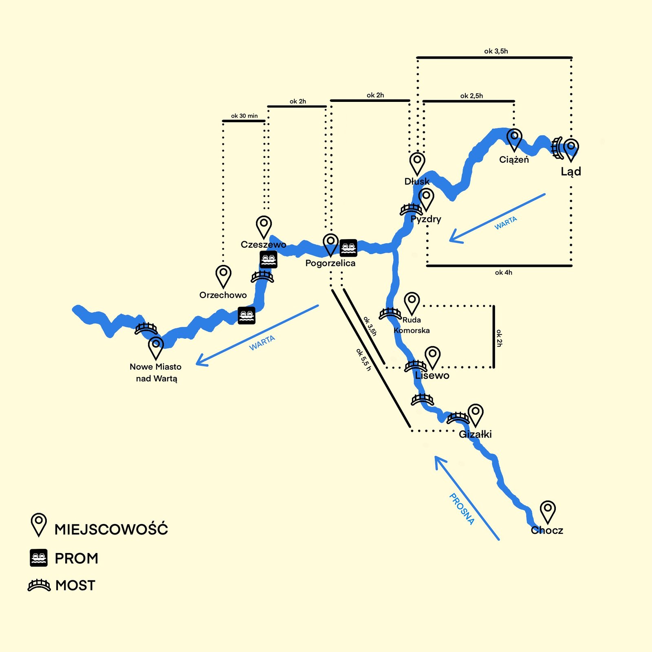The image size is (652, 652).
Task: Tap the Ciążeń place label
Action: [x=514, y=160]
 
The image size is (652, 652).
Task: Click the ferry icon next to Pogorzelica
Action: [x=348, y=248]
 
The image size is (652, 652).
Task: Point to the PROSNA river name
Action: [x=462, y=509]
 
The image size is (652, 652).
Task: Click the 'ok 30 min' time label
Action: [x=244, y=116]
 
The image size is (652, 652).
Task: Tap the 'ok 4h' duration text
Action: [x=504, y=273]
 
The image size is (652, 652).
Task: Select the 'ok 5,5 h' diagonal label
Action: [x=363, y=359]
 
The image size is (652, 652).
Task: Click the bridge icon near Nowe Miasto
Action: [x=146, y=328]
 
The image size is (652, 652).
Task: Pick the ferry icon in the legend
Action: [x=39, y=558]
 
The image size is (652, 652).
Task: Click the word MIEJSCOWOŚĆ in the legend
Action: [x=111, y=529]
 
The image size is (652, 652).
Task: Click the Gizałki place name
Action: [x=475, y=434]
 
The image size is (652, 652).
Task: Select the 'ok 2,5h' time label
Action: [x=471, y=96]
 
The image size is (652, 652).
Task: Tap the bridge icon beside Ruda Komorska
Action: [x=390, y=313]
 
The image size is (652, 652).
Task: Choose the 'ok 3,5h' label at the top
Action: [x=496, y=51]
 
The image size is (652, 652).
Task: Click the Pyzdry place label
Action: [x=426, y=219]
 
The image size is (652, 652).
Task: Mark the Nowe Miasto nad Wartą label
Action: [x=156, y=372]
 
